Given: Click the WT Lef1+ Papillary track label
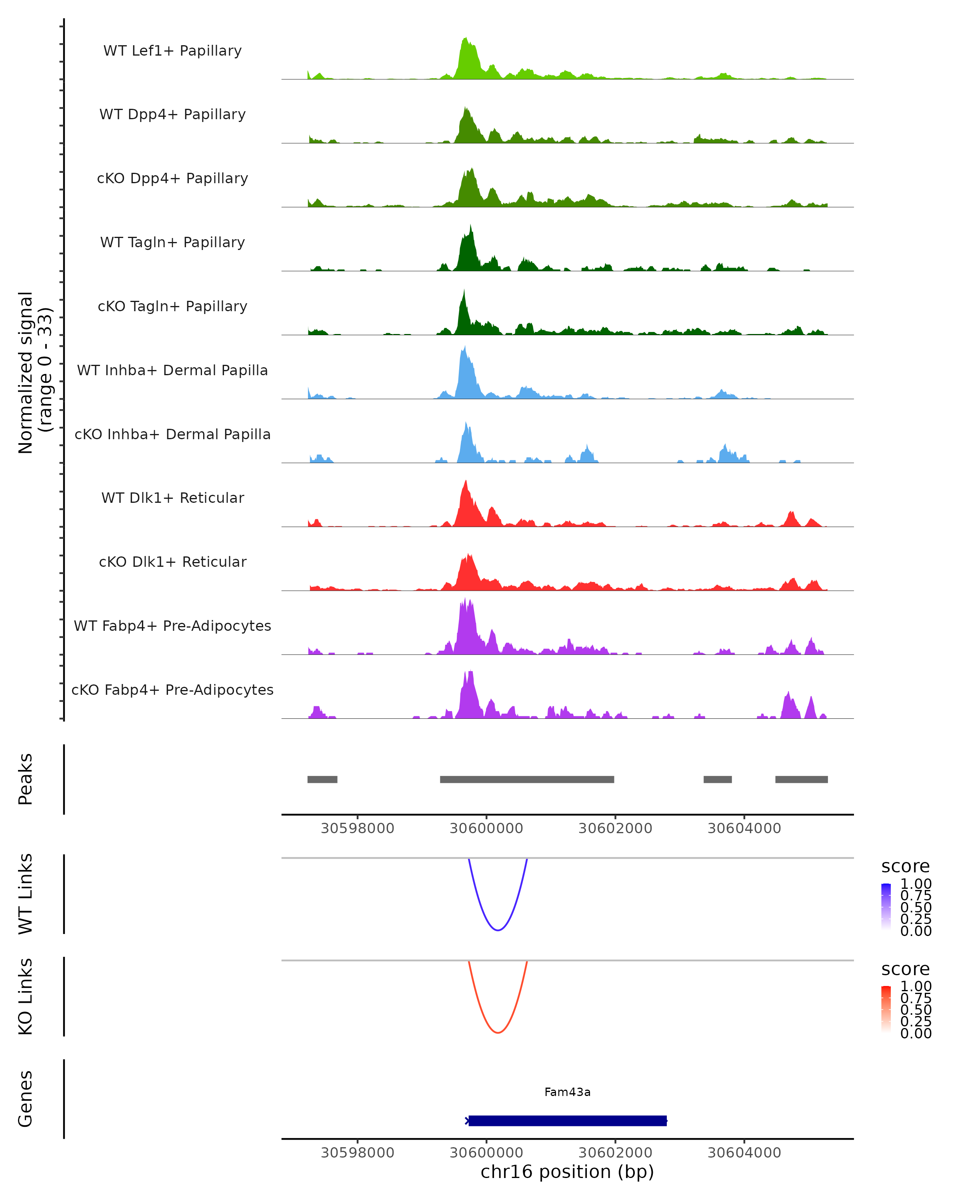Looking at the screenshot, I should tap(172, 51).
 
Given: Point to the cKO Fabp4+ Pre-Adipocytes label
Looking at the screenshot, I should tap(172, 690).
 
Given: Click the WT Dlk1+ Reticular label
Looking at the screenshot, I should tap(172, 498).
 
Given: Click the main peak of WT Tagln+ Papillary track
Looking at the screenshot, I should tap(470, 227).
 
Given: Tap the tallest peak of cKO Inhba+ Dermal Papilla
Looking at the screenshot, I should tap(466, 424).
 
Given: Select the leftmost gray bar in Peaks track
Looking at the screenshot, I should tap(322, 779).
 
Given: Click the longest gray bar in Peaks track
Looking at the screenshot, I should tap(527, 779).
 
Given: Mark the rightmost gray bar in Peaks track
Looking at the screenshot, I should tap(801, 779).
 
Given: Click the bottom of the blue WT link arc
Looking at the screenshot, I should tap(498, 930).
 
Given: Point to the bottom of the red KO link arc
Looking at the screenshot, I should tap(498, 1032).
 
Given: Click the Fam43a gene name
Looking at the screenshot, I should tap(567, 1092).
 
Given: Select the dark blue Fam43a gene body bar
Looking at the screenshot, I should tap(567, 1120).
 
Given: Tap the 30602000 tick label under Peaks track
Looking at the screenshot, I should tap(615, 828).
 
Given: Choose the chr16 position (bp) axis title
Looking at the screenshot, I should tap(567, 1172).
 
